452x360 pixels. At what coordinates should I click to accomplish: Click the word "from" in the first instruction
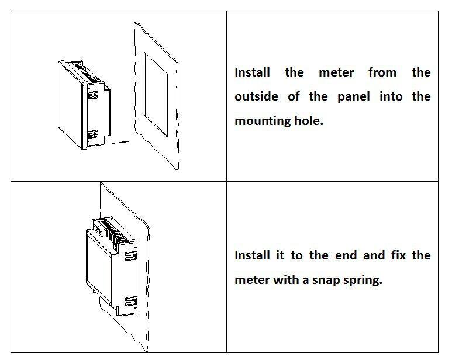coord(382,72)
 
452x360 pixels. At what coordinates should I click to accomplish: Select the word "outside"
coord(256,96)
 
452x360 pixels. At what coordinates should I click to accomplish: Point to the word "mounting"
coord(260,121)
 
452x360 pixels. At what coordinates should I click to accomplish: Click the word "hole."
coord(308,121)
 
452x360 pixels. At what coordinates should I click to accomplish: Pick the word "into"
coord(391,96)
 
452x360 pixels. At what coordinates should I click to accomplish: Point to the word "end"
coord(345,255)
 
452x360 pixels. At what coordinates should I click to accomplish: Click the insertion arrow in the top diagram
coord(119,141)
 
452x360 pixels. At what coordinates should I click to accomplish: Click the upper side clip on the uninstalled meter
coord(93,92)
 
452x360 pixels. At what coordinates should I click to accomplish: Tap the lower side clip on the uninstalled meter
coord(92,135)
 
